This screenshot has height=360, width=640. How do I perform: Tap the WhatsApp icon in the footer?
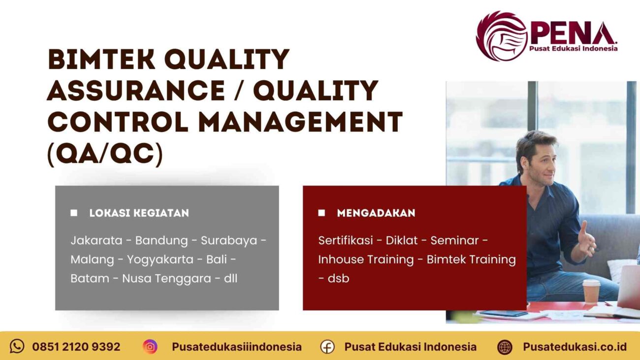[x=17, y=346]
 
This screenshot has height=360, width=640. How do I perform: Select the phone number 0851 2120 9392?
[x=76, y=347]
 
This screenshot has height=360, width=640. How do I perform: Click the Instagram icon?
[x=150, y=347]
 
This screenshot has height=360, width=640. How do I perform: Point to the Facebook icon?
[x=327, y=347]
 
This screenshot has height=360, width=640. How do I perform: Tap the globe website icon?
[x=505, y=347]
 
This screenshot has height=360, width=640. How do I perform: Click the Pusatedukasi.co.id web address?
[x=575, y=347]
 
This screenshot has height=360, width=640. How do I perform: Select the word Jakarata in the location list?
[x=96, y=241]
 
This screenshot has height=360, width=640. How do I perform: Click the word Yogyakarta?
[x=160, y=260]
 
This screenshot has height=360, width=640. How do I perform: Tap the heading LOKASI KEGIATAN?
[x=139, y=213]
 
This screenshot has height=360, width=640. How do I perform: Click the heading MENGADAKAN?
[x=376, y=213]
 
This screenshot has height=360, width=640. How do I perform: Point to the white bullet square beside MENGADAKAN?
[x=321, y=213]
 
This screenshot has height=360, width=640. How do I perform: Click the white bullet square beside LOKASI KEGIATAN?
[x=74, y=213]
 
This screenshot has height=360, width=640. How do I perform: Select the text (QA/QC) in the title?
[x=104, y=155]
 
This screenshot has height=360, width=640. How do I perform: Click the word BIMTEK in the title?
[x=101, y=60]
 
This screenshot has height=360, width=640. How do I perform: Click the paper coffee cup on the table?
[x=591, y=291]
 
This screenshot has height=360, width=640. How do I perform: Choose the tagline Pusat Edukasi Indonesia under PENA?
[x=573, y=48]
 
